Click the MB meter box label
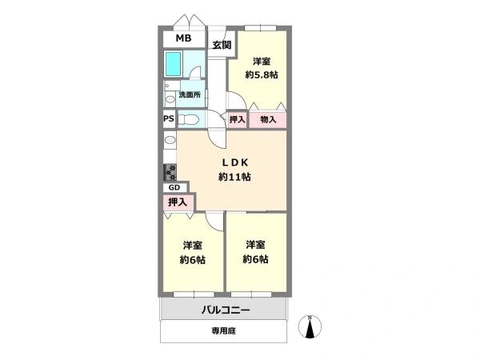tap(184, 38)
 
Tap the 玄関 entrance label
tap(222, 46)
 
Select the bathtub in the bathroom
tap(174, 64)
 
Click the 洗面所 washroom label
tap(190, 94)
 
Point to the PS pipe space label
tap(169, 118)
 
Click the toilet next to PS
tap(188, 118)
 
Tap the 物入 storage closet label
tap(268, 119)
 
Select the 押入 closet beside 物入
tap(238, 119)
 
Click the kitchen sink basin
tap(170, 140)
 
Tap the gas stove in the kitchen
tap(170, 172)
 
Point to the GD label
tap(174, 188)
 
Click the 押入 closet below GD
tap(178, 202)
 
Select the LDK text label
tap(234, 163)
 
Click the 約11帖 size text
tap(234, 177)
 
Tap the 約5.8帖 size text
tap(262, 74)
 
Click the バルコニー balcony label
tap(226, 310)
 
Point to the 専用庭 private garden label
tap(224, 330)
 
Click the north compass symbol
tap(310, 326)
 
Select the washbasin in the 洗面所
tap(170, 99)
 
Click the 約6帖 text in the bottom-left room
tap(192, 260)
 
